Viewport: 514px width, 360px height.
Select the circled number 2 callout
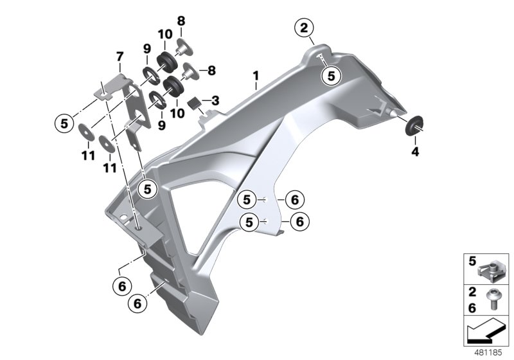click(x=304, y=28)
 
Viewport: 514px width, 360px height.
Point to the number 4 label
click(x=414, y=152)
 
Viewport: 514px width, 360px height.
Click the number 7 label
click(x=120, y=56)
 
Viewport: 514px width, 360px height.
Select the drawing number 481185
click(x=490, y=353)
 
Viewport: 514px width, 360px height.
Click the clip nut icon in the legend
click(x=493, y=265)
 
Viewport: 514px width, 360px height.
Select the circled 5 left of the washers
click(x=64, y=123)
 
